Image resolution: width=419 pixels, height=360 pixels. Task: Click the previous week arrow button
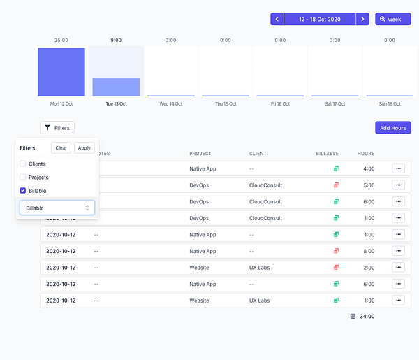click(x=277, y=19)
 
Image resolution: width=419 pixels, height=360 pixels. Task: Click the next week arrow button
click(x=362, y=19)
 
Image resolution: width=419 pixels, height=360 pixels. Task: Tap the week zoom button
click(x=392, y=19)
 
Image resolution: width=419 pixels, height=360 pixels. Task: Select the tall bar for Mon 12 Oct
click(x=61, y=71)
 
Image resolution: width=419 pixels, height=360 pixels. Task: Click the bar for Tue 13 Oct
click(x=116, y=87)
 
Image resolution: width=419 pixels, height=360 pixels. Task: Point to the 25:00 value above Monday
click(x=61, y=40)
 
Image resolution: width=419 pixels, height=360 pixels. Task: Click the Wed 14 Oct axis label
click(x=170, y=103)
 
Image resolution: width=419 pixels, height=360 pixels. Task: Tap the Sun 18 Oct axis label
click(x=390, y=103)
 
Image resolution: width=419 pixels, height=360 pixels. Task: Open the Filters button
click(x=57, y=128)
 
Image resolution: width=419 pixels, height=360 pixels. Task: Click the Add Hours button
click(x=392, y=128)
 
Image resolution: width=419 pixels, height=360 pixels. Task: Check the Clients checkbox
click(x=23, y=164)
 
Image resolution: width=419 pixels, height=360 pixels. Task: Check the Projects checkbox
click(x=23, y=177)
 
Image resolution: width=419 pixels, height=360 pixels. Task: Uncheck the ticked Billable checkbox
click(x=23, y=190)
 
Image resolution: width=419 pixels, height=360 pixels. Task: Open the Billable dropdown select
click(x=57, y=208)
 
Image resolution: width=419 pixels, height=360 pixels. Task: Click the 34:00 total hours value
click(x=367, y=316)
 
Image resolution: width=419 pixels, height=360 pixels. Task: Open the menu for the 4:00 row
click(x=398, y=168)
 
